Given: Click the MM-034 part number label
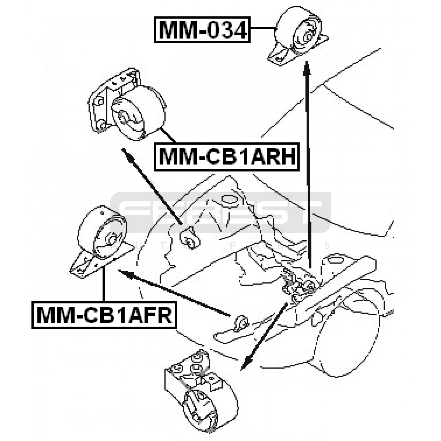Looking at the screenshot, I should (x=202, y=30).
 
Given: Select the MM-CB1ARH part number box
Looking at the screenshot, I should (x=227, y=157).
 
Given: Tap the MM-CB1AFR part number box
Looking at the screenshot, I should (x=104, y=315).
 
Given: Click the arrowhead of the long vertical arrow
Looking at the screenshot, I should (x=307, y=68).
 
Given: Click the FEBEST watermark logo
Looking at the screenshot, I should (x=220, y=212).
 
